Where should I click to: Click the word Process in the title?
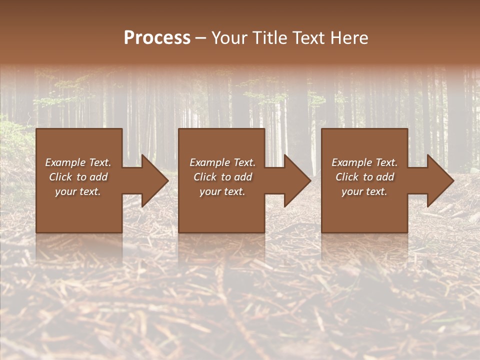tap(157, 38)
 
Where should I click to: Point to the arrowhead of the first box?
tap(152, 181)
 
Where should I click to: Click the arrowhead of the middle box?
tap(295, 181)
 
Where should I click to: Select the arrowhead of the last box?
tap(438, 181)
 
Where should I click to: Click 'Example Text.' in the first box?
tap(78, 162)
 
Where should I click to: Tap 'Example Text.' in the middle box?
tap(222, 162)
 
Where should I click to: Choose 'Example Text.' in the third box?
tap(364, 162)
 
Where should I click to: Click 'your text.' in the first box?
tap(78, 191)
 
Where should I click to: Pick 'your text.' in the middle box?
tap(222, 191)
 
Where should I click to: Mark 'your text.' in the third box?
tap(364, 191)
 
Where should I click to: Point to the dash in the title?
tap(201, 38)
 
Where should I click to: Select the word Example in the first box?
tap(65, 162)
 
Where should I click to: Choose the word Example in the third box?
tap(351, 162)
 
